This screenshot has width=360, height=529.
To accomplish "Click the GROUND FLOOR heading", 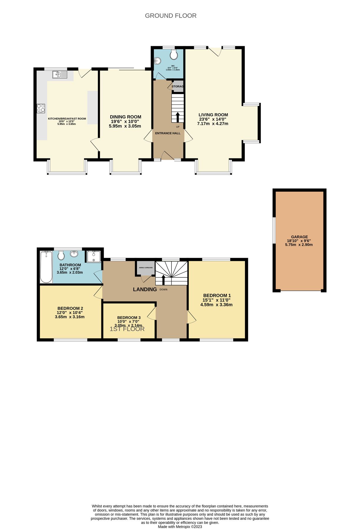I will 171,16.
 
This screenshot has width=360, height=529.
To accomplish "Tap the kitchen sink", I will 60,75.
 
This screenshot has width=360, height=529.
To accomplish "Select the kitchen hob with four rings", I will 41,108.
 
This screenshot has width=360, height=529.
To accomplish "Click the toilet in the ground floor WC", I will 174,55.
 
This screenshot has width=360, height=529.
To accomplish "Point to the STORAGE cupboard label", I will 177,86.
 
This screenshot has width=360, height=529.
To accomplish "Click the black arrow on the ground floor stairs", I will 177,117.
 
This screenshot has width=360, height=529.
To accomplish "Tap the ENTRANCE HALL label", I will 168,133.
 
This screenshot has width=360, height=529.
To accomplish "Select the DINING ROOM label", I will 126,117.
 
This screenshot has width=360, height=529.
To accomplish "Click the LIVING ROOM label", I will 213,115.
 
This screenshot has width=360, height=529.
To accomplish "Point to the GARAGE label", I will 299,237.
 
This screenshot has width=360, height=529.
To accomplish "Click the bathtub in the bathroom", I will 46,267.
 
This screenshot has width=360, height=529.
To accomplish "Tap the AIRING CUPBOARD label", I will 146,268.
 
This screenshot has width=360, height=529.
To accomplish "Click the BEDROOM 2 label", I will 70,308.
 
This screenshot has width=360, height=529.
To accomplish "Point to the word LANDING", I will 145,289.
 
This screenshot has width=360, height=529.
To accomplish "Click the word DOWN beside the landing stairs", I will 164,289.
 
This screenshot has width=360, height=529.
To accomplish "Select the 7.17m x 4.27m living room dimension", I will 213,124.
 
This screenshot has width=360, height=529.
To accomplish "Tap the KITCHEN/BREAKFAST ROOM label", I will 67,119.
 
